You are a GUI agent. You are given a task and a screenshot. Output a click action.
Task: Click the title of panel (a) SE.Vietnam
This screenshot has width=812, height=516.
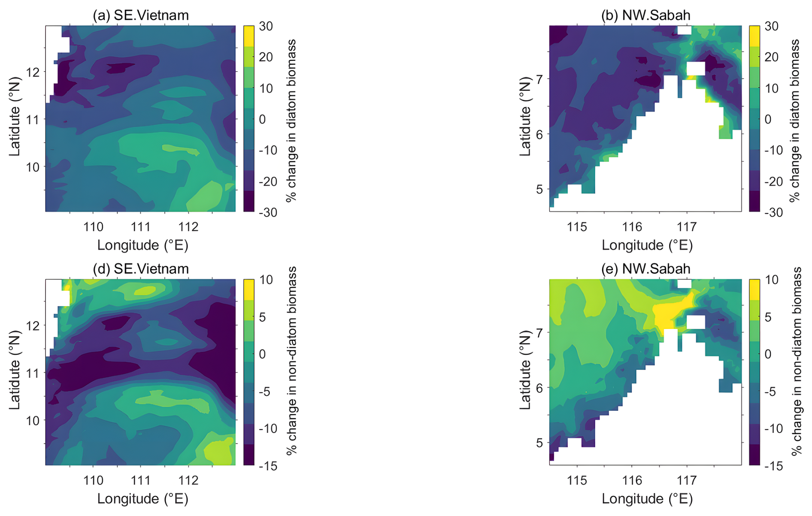tap(141, 15)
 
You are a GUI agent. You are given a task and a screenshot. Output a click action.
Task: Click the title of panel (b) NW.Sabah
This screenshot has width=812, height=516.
tap(646, 15)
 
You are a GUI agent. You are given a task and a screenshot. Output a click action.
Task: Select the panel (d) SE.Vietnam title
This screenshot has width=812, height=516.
tap(141, 269)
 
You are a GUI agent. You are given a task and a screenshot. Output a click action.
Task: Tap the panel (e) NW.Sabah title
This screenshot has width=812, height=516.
tap(646, 269)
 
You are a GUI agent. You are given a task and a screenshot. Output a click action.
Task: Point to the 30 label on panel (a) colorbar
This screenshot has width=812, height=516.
tap(266, 26)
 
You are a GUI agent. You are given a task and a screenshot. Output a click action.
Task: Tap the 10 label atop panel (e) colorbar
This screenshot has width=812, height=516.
tap(771, 280)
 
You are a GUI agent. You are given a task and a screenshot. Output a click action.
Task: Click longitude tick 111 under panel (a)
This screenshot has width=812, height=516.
tap(140, 226)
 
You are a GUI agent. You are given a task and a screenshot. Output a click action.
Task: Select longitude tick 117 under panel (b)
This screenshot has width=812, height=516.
tap(687, 226)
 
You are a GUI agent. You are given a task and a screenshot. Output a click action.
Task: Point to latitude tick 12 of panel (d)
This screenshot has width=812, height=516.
tap(33, 326)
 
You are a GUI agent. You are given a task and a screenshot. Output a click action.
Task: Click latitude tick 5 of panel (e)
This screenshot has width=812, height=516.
tap(539, 442)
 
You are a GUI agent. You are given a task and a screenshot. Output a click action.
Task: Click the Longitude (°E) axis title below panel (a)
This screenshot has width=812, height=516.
tap(142, 245)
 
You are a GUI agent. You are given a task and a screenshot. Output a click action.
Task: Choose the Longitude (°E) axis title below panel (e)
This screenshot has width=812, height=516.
tap(647, 498)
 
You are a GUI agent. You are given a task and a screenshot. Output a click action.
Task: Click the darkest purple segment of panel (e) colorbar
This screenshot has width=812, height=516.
tap(754, 455)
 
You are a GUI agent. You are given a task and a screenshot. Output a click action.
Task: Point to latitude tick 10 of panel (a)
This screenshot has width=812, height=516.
tap(33, 167)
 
